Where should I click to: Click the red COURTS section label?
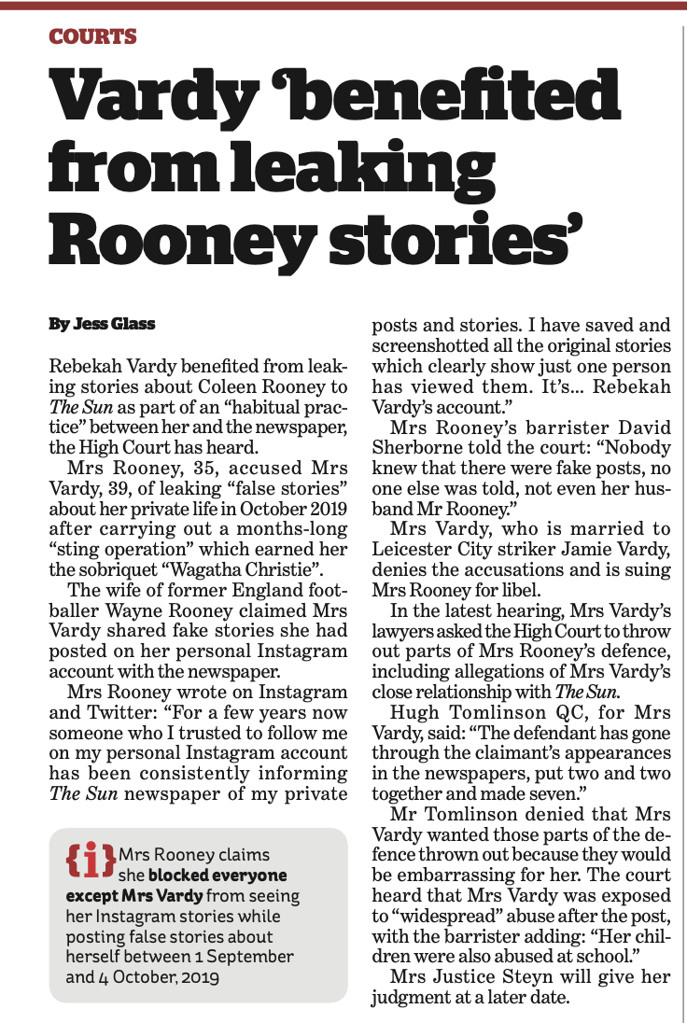click(x=92, y=37)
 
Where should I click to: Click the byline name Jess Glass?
click(x=125, y=324)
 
